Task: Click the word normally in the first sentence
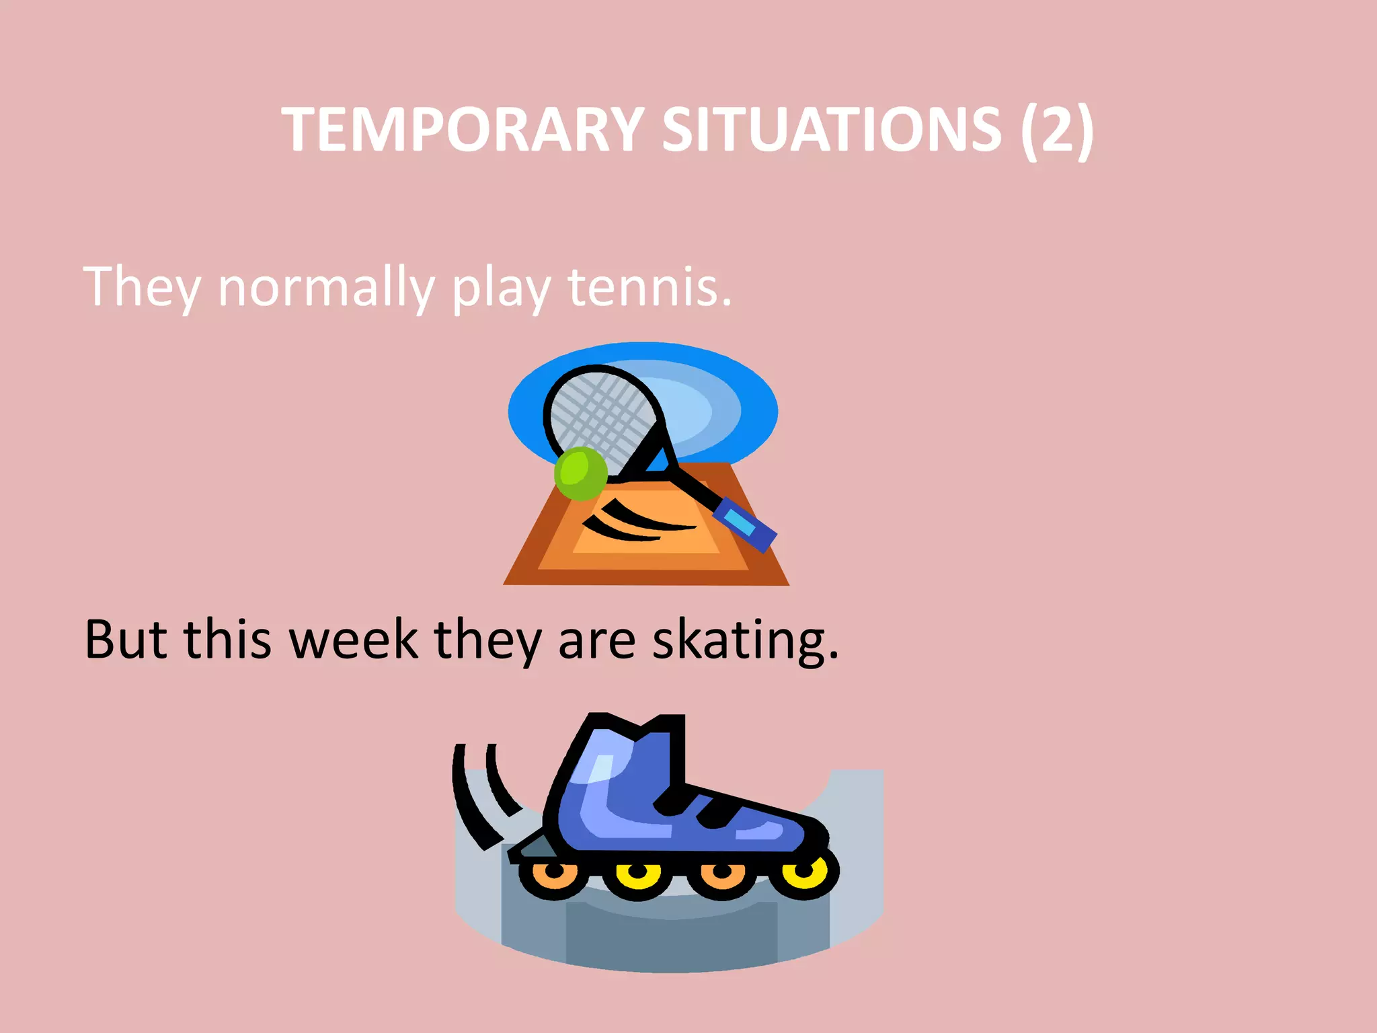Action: coord(326,288)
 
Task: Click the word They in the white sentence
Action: coord(142,288)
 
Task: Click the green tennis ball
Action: coord(580,474)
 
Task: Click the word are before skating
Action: coord(596,640)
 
